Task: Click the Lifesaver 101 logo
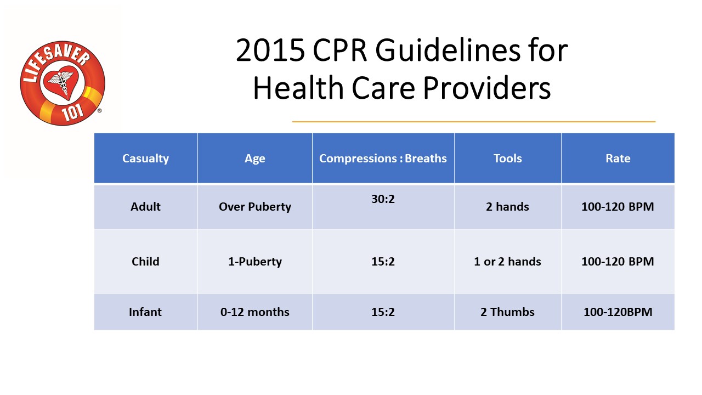[62, 83]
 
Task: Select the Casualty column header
[145, 159]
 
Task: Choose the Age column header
[254, 159]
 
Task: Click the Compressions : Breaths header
[383, 159]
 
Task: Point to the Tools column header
[507, 159]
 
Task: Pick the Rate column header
[618, 159]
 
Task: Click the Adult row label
[145, 207]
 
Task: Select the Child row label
[145, 261]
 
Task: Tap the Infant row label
[145, 312]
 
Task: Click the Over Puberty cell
[254, 207]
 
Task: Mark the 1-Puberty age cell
[254, 261]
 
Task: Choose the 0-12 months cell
[254, 312]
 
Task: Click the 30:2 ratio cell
[383, 199]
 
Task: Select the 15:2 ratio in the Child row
[383, 261]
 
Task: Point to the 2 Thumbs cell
[507, 312]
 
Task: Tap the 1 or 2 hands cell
[507, 261]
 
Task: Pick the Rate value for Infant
[618, 312]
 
